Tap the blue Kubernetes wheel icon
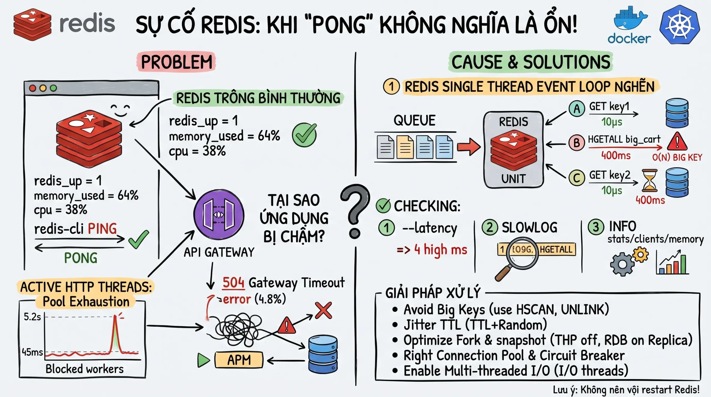pos(680,25)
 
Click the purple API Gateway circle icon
pos(219,215)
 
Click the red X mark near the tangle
pos(324,310)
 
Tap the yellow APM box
pos(239,360)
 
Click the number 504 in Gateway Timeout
pos(233,283)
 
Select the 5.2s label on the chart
pos(32,317)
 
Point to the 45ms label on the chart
pos(32,352)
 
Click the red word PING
pos(102,229)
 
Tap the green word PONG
pos(81,258)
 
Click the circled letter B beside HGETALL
pos(577,143)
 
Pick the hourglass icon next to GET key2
pos(650,180)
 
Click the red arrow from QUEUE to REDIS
pos(469,147)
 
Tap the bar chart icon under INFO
pos(672,263)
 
